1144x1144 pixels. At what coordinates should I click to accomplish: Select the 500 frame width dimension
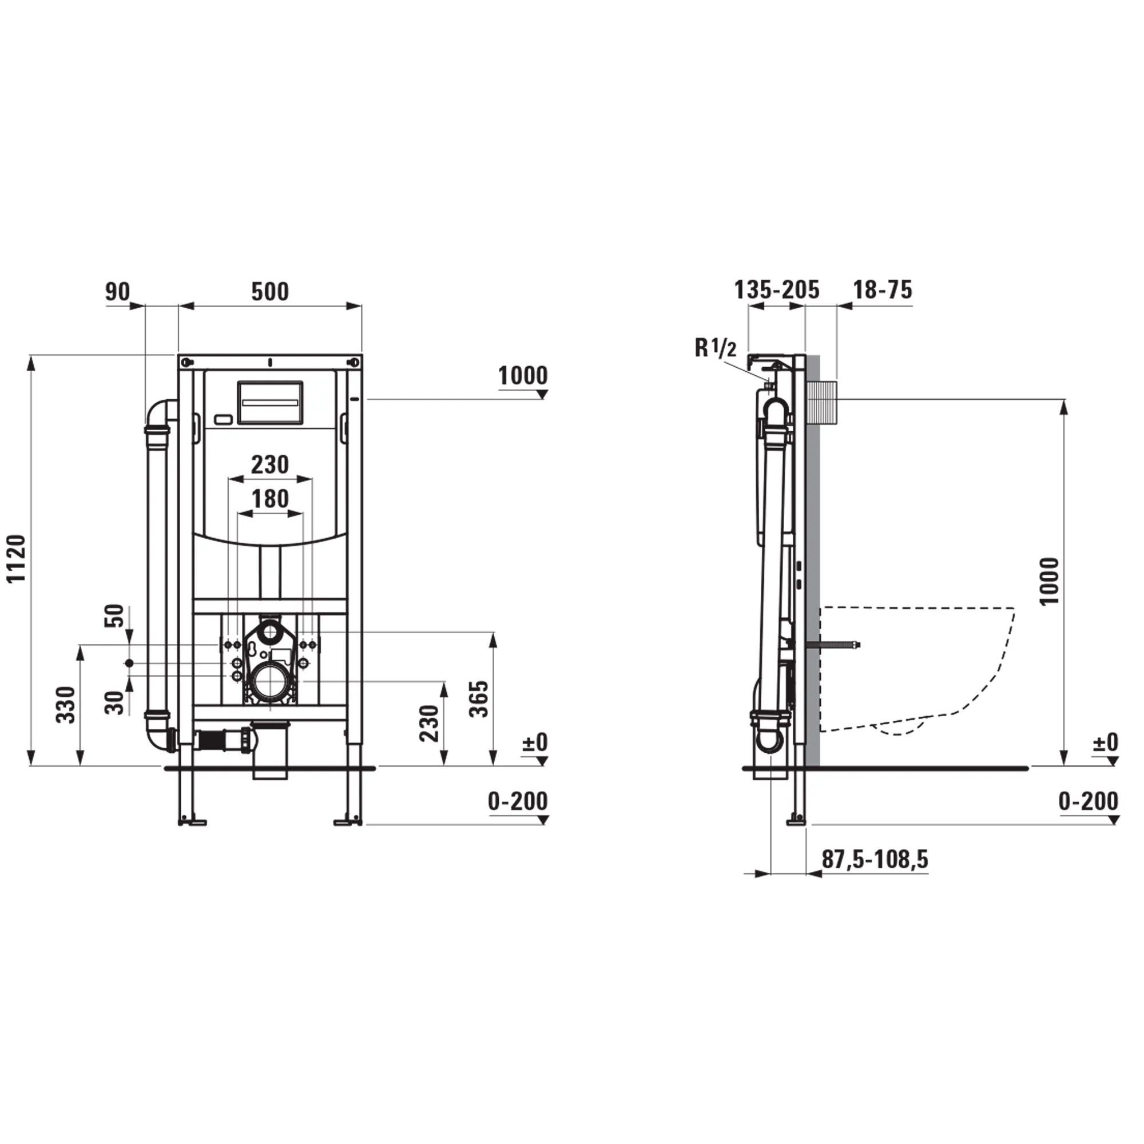coord(270,292)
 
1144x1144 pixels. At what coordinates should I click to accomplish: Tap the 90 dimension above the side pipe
coord(117,292)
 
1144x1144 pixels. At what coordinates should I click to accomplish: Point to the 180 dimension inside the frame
coord(270,499)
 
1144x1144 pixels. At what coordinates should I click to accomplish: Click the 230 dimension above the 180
coord(270,465)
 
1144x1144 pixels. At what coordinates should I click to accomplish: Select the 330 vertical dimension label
coord(66,705)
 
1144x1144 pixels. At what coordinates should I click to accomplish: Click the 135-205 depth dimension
coord(776,290)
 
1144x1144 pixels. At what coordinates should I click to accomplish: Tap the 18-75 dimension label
coord(882,290)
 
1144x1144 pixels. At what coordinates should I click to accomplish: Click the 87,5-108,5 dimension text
coord(875,859)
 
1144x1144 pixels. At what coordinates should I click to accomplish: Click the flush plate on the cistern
coord(270,402)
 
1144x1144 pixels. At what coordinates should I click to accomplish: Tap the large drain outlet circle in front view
coord(271,683)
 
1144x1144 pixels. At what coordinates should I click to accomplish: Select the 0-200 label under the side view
coord(1089,801)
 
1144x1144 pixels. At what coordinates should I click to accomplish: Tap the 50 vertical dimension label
coord(116,615)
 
